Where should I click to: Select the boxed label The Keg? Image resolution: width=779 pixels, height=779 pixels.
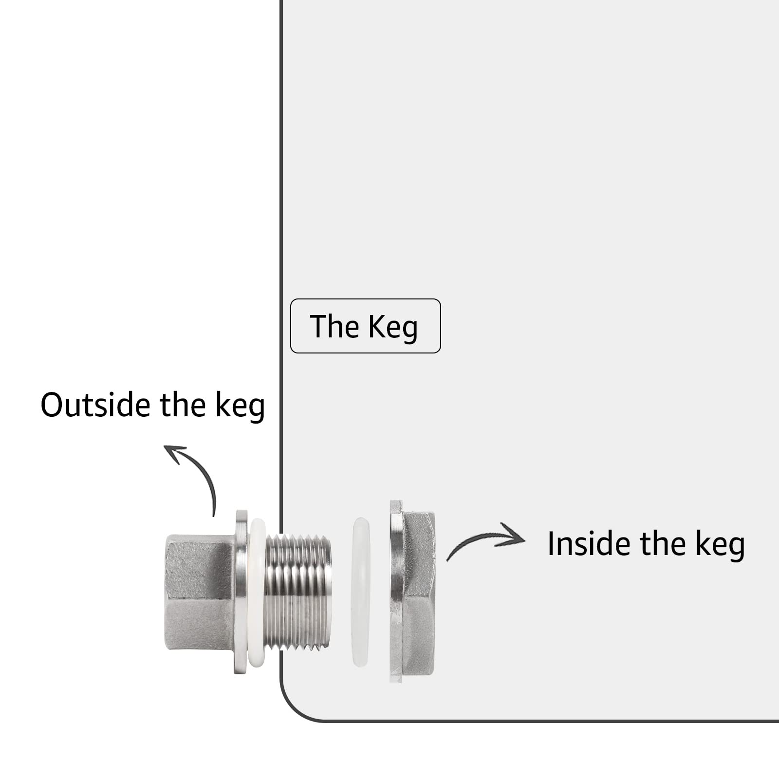click(365, 326)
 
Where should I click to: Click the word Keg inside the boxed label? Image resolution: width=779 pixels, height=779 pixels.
click(393, 327)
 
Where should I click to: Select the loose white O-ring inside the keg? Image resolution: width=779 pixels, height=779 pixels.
click(360, 592)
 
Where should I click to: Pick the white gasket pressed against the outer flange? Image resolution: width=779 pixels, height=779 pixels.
click(257, 592)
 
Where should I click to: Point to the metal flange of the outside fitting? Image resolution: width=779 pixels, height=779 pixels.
click(241, 592)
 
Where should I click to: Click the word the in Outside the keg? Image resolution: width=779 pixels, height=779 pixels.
click(183, 405)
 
